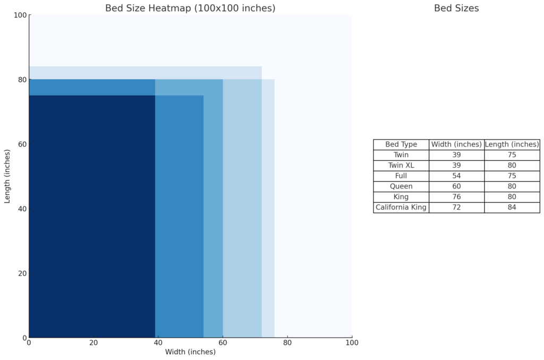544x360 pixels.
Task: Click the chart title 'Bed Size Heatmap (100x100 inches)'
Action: pos(190,8)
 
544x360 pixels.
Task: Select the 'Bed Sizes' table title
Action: pos(456,8)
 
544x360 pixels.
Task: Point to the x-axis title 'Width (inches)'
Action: pos(190,352)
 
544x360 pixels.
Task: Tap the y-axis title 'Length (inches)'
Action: pos(7,176)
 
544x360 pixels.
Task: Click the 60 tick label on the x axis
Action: pos(223,342)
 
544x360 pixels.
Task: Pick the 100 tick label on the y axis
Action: pos(20,15)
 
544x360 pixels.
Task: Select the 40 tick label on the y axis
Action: pos(22,209)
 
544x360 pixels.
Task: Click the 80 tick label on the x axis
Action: pos(287,342)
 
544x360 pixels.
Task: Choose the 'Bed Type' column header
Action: pos(401,144)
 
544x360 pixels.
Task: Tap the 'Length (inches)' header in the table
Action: pos(512,144)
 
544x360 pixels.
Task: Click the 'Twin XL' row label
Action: pos(401,165)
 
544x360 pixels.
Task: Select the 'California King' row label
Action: pos(401,207)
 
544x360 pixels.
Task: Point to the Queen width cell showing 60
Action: pos(457,186)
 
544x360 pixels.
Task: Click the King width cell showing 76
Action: pos(457,197)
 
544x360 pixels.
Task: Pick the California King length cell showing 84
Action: pos(512,207)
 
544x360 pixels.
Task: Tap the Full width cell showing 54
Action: pos(457,176)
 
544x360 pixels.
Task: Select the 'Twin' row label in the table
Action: pos(401,155)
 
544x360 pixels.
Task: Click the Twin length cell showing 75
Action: pos(512,155)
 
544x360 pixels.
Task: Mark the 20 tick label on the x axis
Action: pos(93,342)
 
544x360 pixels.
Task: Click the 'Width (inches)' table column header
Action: pos(457,144)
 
